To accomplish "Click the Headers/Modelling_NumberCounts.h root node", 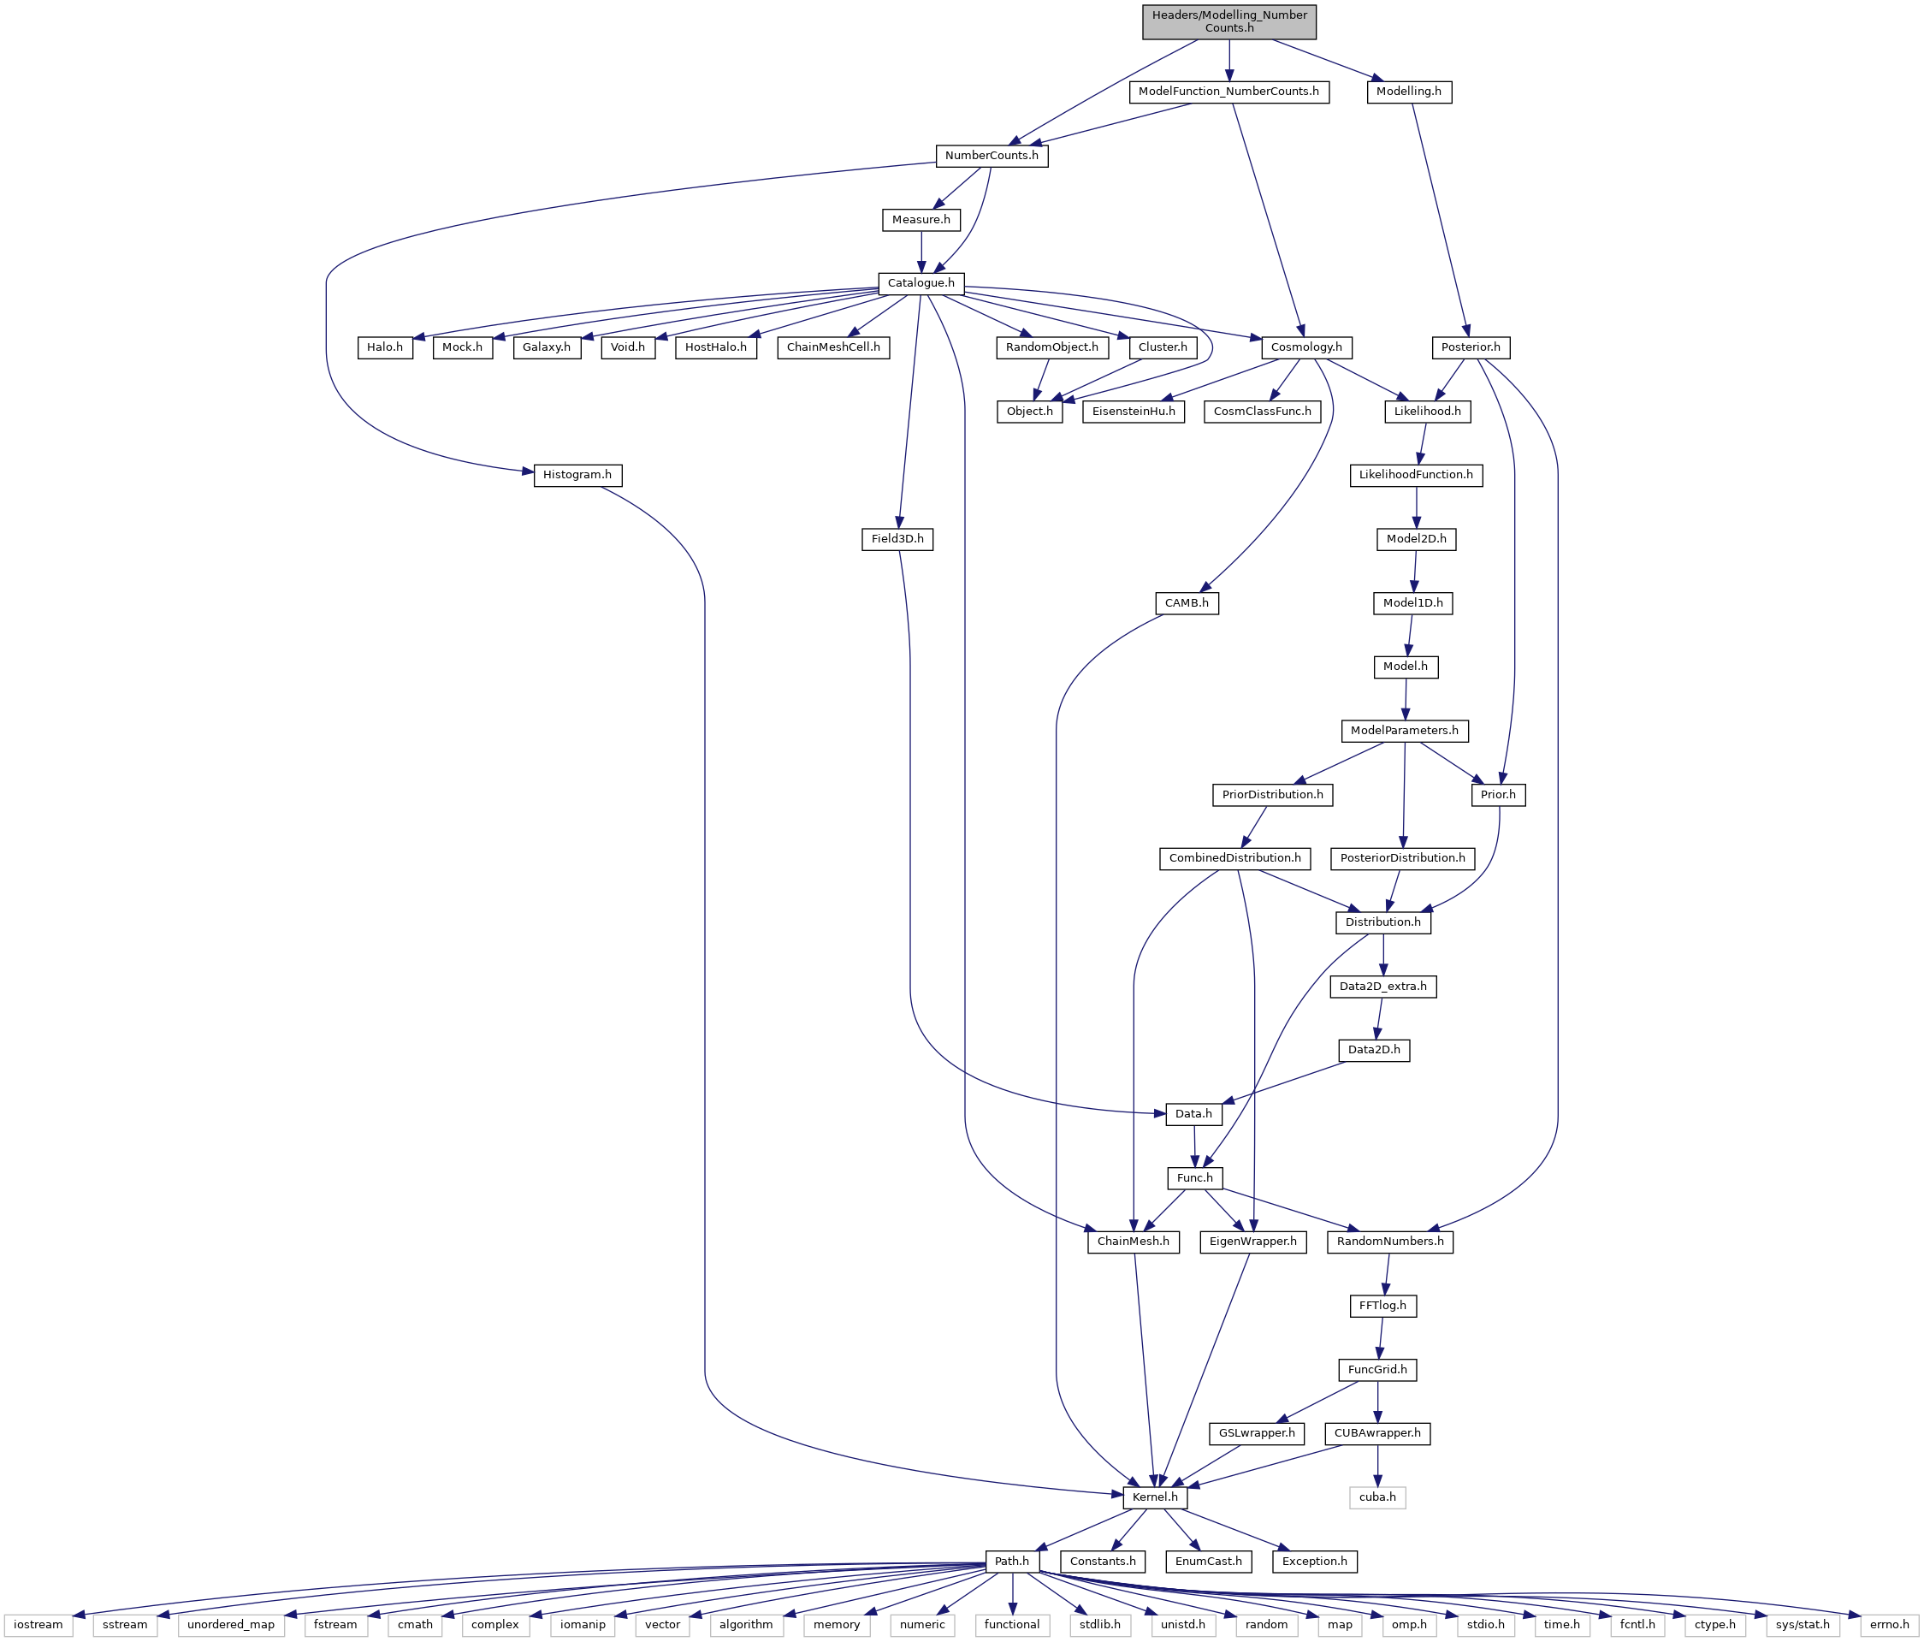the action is pyautogui.click(x=1228, y=21).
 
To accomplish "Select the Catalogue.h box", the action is pyautogui.click(x=921, y=283).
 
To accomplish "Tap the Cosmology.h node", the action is pyautogui.click(x=1306, y=347).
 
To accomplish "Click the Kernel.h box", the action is pyautogui.click(x=1155, y=1498).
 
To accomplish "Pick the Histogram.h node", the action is pyautogui.click(x=577, y=476).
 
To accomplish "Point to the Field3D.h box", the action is pyautogui.click(x=897, y=540).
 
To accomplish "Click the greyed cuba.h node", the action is pyautogui.click(x=1377, y=1498).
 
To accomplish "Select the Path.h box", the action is pyautogui.click(x=1012, y=1562).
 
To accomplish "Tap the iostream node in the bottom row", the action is pyautogui.click(x=38, y=1625).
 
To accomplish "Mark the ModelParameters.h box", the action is pyautogui.click(x=1404, y=731).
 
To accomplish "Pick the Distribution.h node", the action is pyautogui.click(x=1382, y=923).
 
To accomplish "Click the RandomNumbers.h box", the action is pyautogui.click(x=1390, y=1242).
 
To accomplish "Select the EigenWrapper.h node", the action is pyautogui.click(x=1253, y=1242).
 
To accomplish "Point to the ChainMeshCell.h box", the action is pyautogui.click(x=834, y=347).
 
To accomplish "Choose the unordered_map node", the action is pyautogui.click(x=231, y=1625).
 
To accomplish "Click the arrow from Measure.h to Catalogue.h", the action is pyautogui.click(x=921, y=252).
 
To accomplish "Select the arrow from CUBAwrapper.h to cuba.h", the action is pyautogui.click(x=1377, y=1467).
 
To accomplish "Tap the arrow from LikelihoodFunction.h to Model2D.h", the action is pyautogui.click(x=1416, y=508).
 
